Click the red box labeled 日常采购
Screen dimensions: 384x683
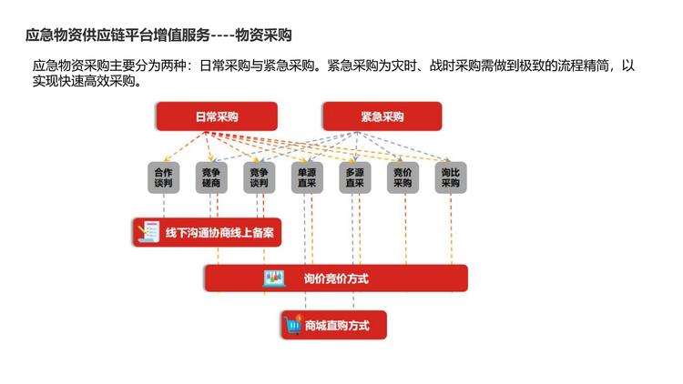point(216,116)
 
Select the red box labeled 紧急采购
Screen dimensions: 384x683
point(382,116)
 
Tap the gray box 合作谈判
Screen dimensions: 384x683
point(163,177)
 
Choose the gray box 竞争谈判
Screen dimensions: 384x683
point(259,177)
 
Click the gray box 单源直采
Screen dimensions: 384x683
point(307,177)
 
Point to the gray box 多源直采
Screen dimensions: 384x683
point(354,177)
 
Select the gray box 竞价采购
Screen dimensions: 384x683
point(403,177)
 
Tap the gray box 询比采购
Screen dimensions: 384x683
point(450,177)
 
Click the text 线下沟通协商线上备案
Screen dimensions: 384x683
point(219,233)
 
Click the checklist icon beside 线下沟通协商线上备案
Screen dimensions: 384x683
point(146,233)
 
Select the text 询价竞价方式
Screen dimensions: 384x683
point(336,278)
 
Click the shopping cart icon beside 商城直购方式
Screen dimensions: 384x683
point(293,324)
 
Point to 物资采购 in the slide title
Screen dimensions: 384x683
point(263,35)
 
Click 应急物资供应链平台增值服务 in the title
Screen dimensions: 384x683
point(117,35)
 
